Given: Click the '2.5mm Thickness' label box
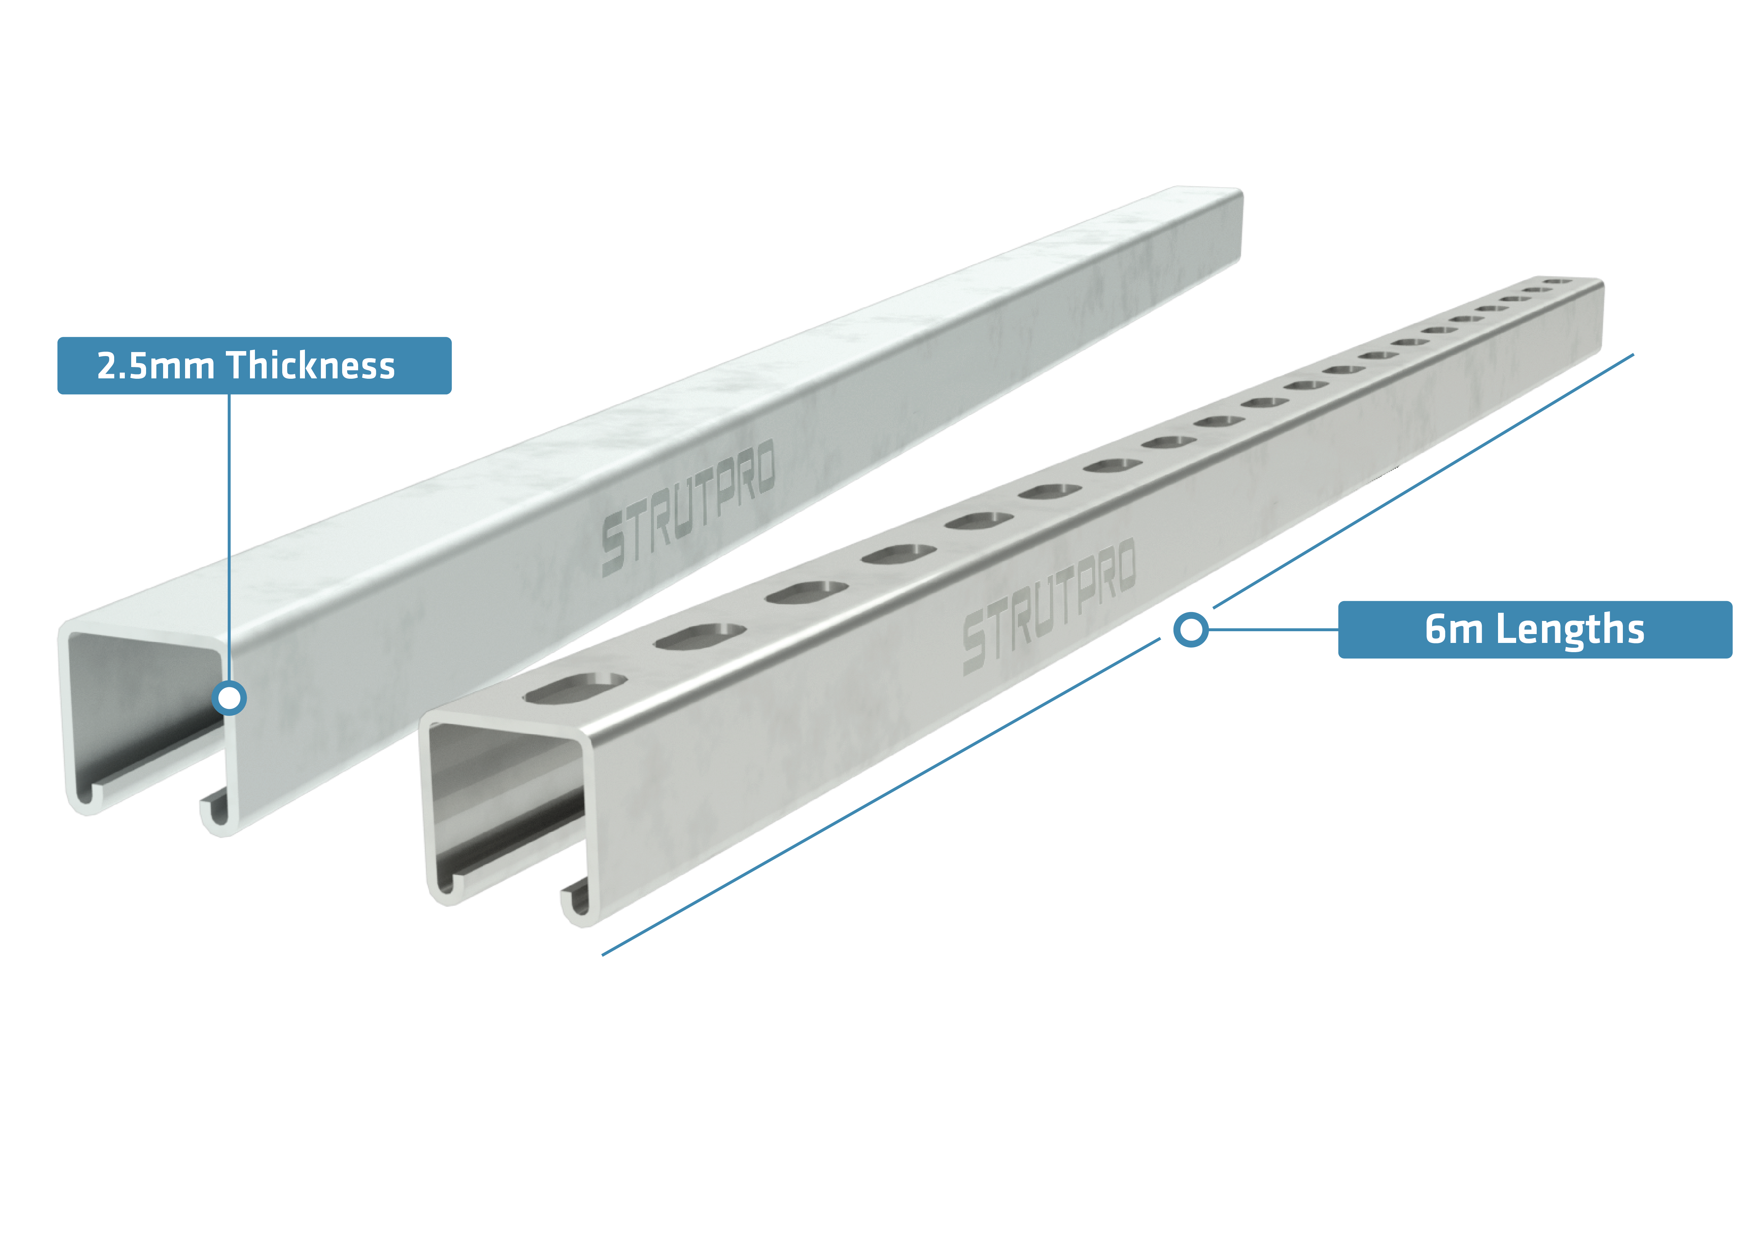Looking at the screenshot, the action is pyautogui.click(x=254, y=365).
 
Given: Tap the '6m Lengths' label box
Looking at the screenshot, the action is pyautogui.click(x=1535, y=630).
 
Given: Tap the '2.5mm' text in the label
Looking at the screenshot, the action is pyautogui.click(x=156, y=366).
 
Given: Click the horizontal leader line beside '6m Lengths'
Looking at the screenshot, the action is pyautogui.click(x=1273, y=630).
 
